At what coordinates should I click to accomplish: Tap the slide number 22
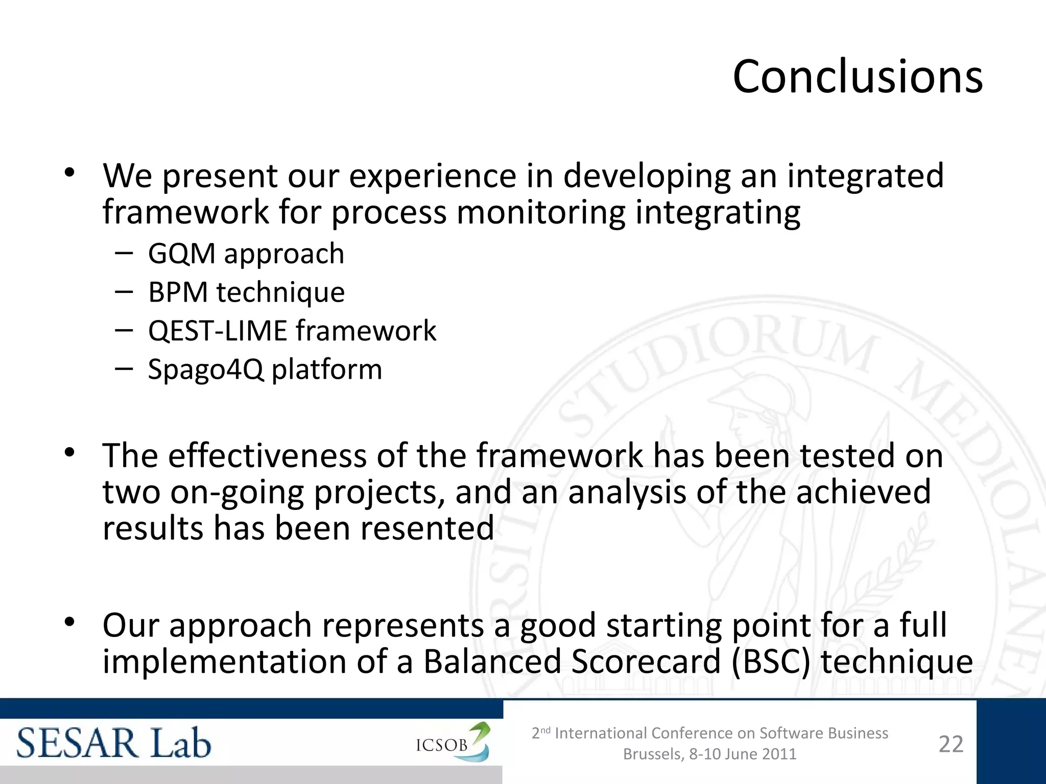[950, 744]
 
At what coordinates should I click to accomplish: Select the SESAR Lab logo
[113, 743]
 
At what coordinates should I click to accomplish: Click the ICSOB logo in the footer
[453, 743]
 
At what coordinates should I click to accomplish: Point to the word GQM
[182, 254]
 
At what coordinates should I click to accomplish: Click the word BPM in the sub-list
[178, 292]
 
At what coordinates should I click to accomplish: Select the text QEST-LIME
[218, 331]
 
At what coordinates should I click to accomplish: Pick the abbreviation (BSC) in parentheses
[771, 661]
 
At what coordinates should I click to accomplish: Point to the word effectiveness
[267, 455]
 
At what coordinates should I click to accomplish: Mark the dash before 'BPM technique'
[124, 291]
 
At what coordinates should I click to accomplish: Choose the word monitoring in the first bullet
[541, 212]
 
